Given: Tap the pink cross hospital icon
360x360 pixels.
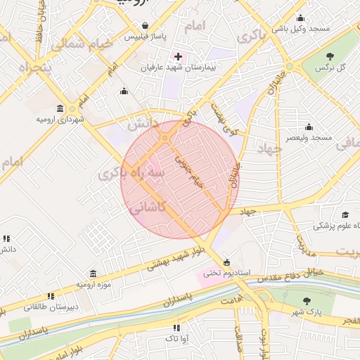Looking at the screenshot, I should coord(178,56).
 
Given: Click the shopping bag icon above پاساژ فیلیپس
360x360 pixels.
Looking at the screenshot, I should coord(145,24).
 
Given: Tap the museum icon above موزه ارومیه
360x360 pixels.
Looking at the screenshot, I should coord(93,274).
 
